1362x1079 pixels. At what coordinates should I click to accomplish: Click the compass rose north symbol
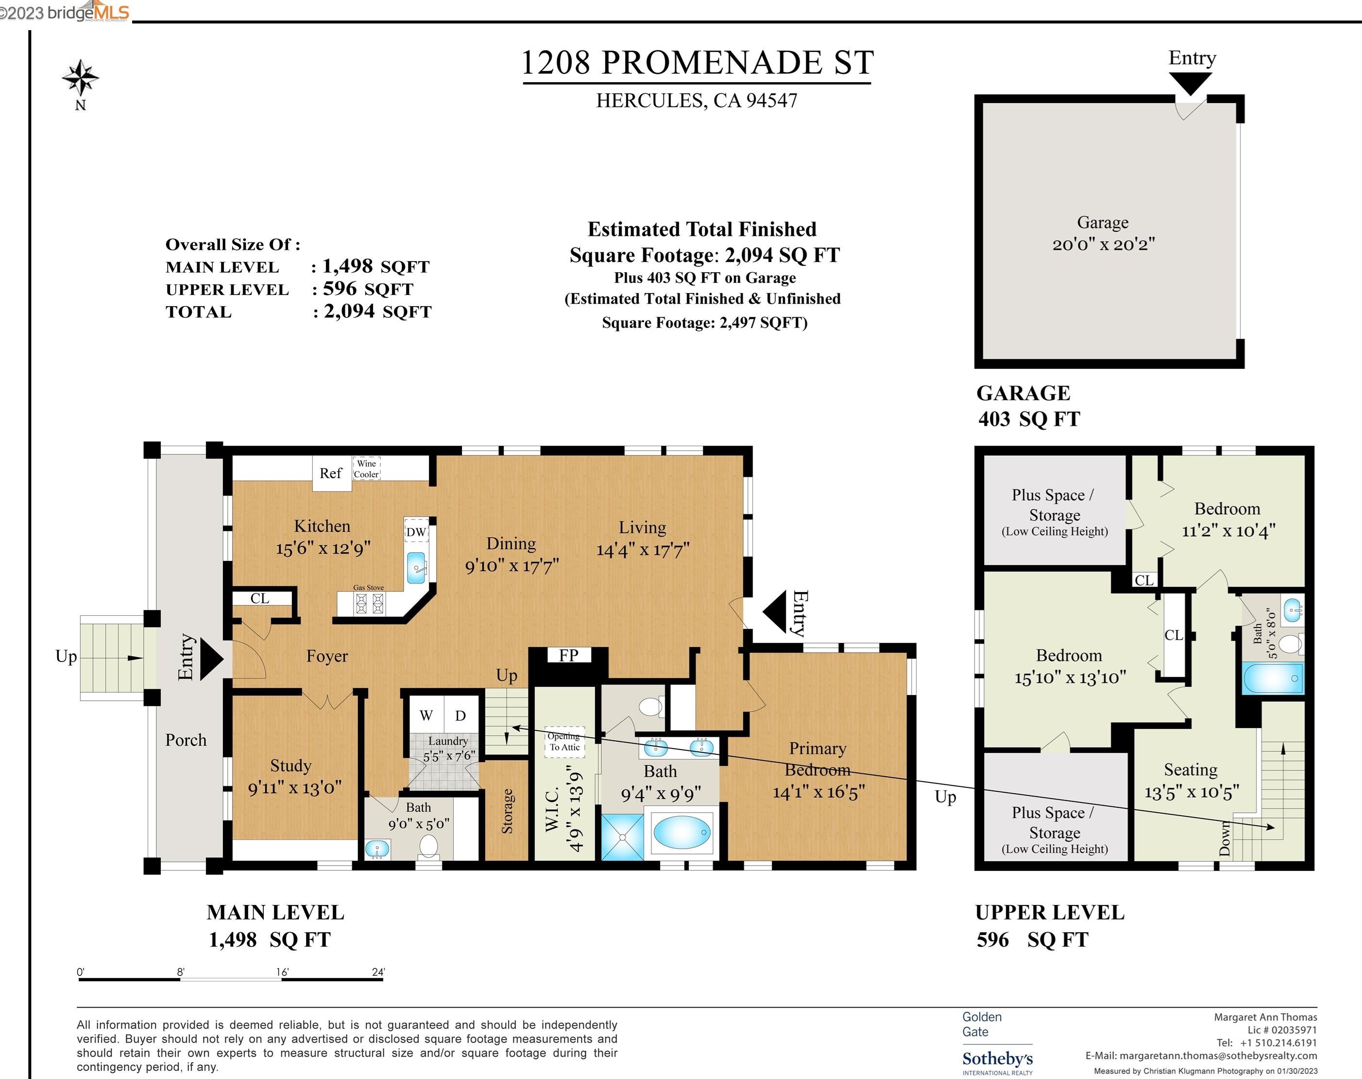click(x=80, y=78)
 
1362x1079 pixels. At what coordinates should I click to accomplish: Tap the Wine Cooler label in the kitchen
click(x=366, y=469)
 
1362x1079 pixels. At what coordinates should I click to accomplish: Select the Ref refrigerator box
click(x=331, y=473)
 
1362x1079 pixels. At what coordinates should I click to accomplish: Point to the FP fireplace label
click(x=568, y=655)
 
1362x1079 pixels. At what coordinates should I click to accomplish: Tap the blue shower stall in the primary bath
click(x=622, y=836)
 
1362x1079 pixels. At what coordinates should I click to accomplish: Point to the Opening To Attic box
click(x=564, y=742)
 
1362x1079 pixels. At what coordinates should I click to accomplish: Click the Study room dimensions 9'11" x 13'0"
click(x=295, y=788)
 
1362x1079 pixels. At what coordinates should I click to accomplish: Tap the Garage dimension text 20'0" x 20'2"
click(x=1103, y=244)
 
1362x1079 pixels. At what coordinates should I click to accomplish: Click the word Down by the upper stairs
click(x=1225, y=838)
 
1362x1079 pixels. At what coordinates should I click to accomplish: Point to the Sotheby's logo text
click(x=997, y=1058)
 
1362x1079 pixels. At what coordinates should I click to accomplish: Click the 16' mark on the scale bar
click(x=282, y=972)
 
